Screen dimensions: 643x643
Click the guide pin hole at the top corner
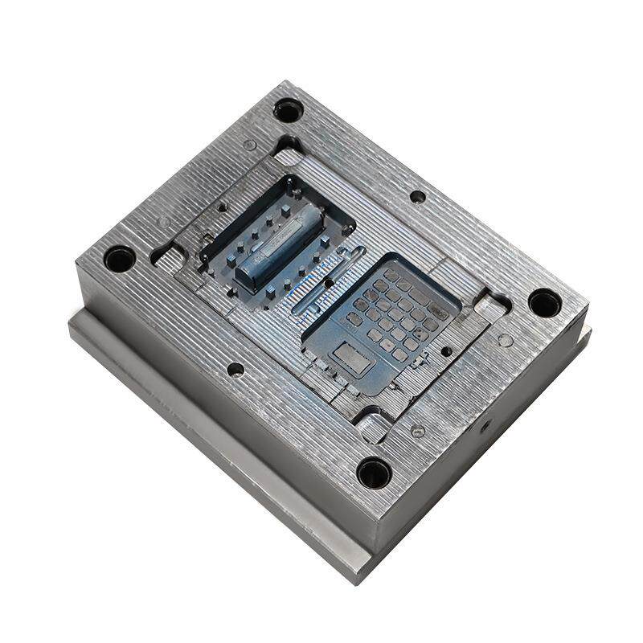pos(288,109)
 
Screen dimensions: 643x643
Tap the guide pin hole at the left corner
pos(120,259)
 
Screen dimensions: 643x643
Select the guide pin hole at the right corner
pos(545,303)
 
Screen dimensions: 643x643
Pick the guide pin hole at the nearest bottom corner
pos(375,472)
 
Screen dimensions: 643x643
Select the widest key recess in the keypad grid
pos(438,312)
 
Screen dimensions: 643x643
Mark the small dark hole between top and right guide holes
pos(417,196)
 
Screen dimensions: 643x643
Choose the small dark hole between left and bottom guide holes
pos(235,369)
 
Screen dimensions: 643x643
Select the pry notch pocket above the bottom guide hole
pos(372,426)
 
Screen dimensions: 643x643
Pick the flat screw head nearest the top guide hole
pos(250,145)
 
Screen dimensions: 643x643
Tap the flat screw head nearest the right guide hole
pos(505,340)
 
